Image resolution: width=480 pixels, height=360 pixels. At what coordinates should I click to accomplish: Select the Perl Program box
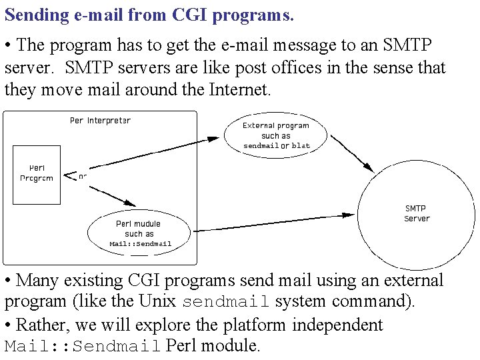[x=37, y=173]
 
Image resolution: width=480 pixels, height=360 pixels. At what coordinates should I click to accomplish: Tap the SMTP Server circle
[x=417, y=213]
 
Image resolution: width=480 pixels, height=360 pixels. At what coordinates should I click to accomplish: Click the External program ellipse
[x=276, y=135]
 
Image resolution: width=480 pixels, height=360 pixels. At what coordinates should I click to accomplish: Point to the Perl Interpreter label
[x=100, y=121]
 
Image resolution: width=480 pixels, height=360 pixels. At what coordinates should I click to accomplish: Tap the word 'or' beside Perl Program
[x=83, y=177]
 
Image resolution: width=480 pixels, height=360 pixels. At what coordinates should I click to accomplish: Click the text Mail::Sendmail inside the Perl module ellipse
[x=141, y=244]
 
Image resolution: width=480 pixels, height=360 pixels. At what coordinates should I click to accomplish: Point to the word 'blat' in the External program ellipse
[x=301, y=145]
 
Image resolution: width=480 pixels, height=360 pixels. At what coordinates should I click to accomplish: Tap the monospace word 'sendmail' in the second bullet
[x=225, y=302]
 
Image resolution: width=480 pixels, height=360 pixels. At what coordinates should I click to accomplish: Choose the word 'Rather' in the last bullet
[x=41, y=325]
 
